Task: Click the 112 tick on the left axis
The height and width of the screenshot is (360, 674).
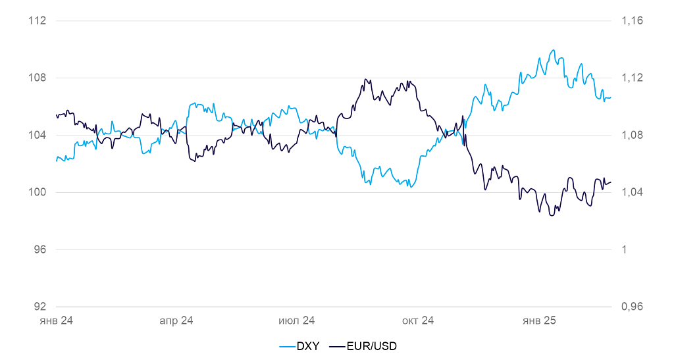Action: pos(38,21)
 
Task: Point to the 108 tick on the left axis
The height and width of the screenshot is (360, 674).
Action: pos(38,78)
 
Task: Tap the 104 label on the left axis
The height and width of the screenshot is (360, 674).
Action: pos(38,136)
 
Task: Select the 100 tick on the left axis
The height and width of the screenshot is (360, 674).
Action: pos(38,193)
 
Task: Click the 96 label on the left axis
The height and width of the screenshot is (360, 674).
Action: pos(40,250)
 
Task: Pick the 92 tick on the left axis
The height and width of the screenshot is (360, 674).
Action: pos(40,307)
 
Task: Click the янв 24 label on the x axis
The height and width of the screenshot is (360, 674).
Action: pos(56,321)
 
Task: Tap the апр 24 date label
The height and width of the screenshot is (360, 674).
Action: pos(176,321)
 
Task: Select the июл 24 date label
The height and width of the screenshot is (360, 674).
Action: pos(297,321)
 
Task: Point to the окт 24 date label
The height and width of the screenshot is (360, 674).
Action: pos(418,321)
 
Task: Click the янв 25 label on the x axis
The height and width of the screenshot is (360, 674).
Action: pos(539,321)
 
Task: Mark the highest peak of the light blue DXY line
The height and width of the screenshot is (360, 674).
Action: pos(553,50)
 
